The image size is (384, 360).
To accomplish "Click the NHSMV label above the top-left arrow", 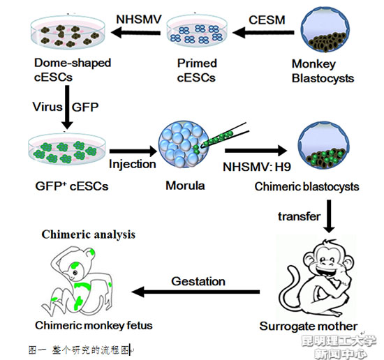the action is [139, 20].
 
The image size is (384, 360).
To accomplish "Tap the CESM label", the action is [267, 20].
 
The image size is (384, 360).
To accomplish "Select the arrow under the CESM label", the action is [263, 33].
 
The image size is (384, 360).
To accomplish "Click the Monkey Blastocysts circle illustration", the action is [325, 29].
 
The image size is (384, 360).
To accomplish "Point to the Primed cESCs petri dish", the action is [197, 32].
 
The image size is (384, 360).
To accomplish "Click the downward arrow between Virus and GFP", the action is [67, 107].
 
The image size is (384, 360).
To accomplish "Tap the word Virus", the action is [47, 107].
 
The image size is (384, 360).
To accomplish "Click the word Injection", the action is [133, 164].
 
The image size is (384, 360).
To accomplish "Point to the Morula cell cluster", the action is [184, 145].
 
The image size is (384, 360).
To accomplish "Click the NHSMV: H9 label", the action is [257, 167].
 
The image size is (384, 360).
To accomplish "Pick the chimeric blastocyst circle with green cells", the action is [324, 146].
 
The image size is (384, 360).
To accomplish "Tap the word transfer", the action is [299, 216].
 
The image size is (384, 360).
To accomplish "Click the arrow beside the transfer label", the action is [329, 216].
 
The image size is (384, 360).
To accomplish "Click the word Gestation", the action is [198, 281].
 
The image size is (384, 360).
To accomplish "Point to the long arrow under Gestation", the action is [195, 292].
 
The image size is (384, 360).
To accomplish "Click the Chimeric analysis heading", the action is [89, 234].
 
